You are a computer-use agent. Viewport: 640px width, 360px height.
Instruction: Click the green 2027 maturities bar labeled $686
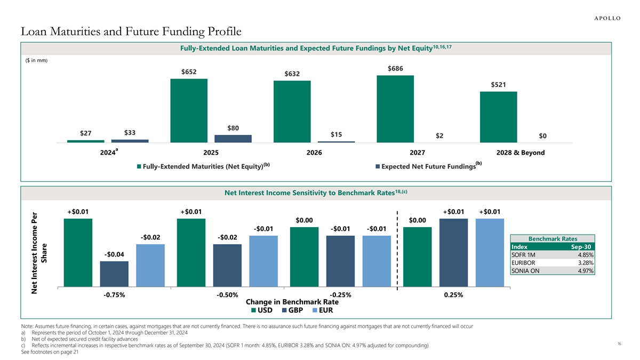pyautogui.click(x=395, y=109)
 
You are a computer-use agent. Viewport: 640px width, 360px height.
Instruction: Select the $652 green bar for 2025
pyautogui.click(x=189, y=110)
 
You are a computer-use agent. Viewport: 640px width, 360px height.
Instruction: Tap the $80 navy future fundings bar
pyautogui.click(x=233, y=139)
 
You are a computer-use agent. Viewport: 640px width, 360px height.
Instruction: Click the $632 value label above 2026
pyautogui.click(x=291, y=74)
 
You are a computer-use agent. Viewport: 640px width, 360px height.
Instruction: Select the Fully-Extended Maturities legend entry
pyautogui.click(x=203, y=166)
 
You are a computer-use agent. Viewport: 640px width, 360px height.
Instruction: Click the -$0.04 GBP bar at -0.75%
pyautogui.click(x=114, y=274)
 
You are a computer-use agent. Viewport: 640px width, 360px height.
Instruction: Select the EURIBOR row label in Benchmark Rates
pyautogui.click(x=522, y=262)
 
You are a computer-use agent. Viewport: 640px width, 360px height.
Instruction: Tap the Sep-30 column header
pyautogui.click(x=581, y=247)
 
